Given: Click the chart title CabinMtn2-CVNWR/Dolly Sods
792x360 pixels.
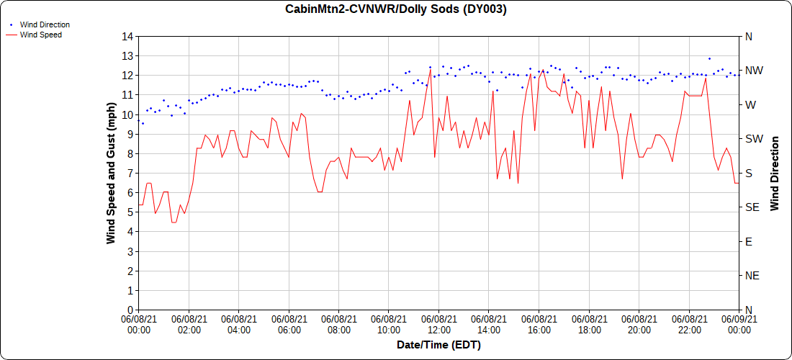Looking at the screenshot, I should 396,9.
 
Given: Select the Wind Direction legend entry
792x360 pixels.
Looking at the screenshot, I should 45,24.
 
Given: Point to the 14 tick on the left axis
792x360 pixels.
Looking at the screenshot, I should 128,37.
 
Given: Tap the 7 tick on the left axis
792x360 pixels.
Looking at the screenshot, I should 131,174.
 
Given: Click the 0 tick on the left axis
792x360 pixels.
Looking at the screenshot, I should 131,310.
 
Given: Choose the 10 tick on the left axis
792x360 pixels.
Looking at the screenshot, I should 128,114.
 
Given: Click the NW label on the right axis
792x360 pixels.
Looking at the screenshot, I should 753,71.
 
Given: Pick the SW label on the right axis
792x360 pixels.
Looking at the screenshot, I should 753,139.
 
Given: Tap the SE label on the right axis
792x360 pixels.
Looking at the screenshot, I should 752,207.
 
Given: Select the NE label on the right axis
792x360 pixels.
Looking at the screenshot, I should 752,276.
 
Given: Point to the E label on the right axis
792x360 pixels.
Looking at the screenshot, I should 748,241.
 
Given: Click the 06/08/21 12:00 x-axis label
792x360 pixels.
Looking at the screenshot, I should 439,324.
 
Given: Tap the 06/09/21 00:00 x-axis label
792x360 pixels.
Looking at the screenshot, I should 739,324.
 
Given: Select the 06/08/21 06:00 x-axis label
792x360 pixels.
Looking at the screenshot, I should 289,324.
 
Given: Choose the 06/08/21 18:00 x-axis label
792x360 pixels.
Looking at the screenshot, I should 589,324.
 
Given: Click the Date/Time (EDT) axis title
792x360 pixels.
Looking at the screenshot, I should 438,345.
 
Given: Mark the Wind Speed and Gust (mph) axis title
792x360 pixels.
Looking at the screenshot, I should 111,173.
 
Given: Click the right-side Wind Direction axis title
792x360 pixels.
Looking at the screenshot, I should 775,173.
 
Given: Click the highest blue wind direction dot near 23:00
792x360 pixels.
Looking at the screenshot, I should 709,58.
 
